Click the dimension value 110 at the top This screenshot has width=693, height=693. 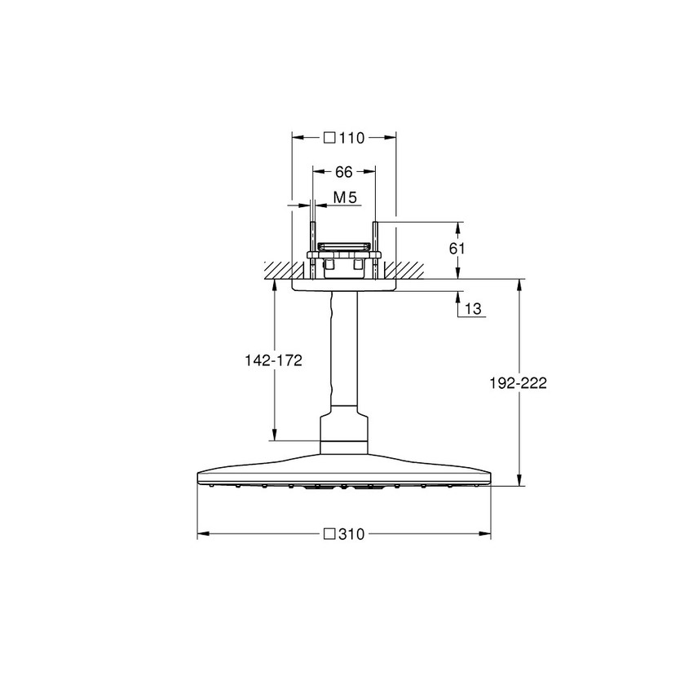[x=352, y=138]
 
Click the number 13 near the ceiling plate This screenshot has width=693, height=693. [x=473, y=309]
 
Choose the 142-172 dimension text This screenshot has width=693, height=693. [x=274, y=360]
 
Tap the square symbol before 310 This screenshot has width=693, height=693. [x=331, y=535]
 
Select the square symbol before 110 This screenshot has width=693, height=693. [x=330, y=138]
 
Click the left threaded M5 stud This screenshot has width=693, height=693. [x=312, y=236]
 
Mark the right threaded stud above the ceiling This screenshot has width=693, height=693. [x=375, y=236]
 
